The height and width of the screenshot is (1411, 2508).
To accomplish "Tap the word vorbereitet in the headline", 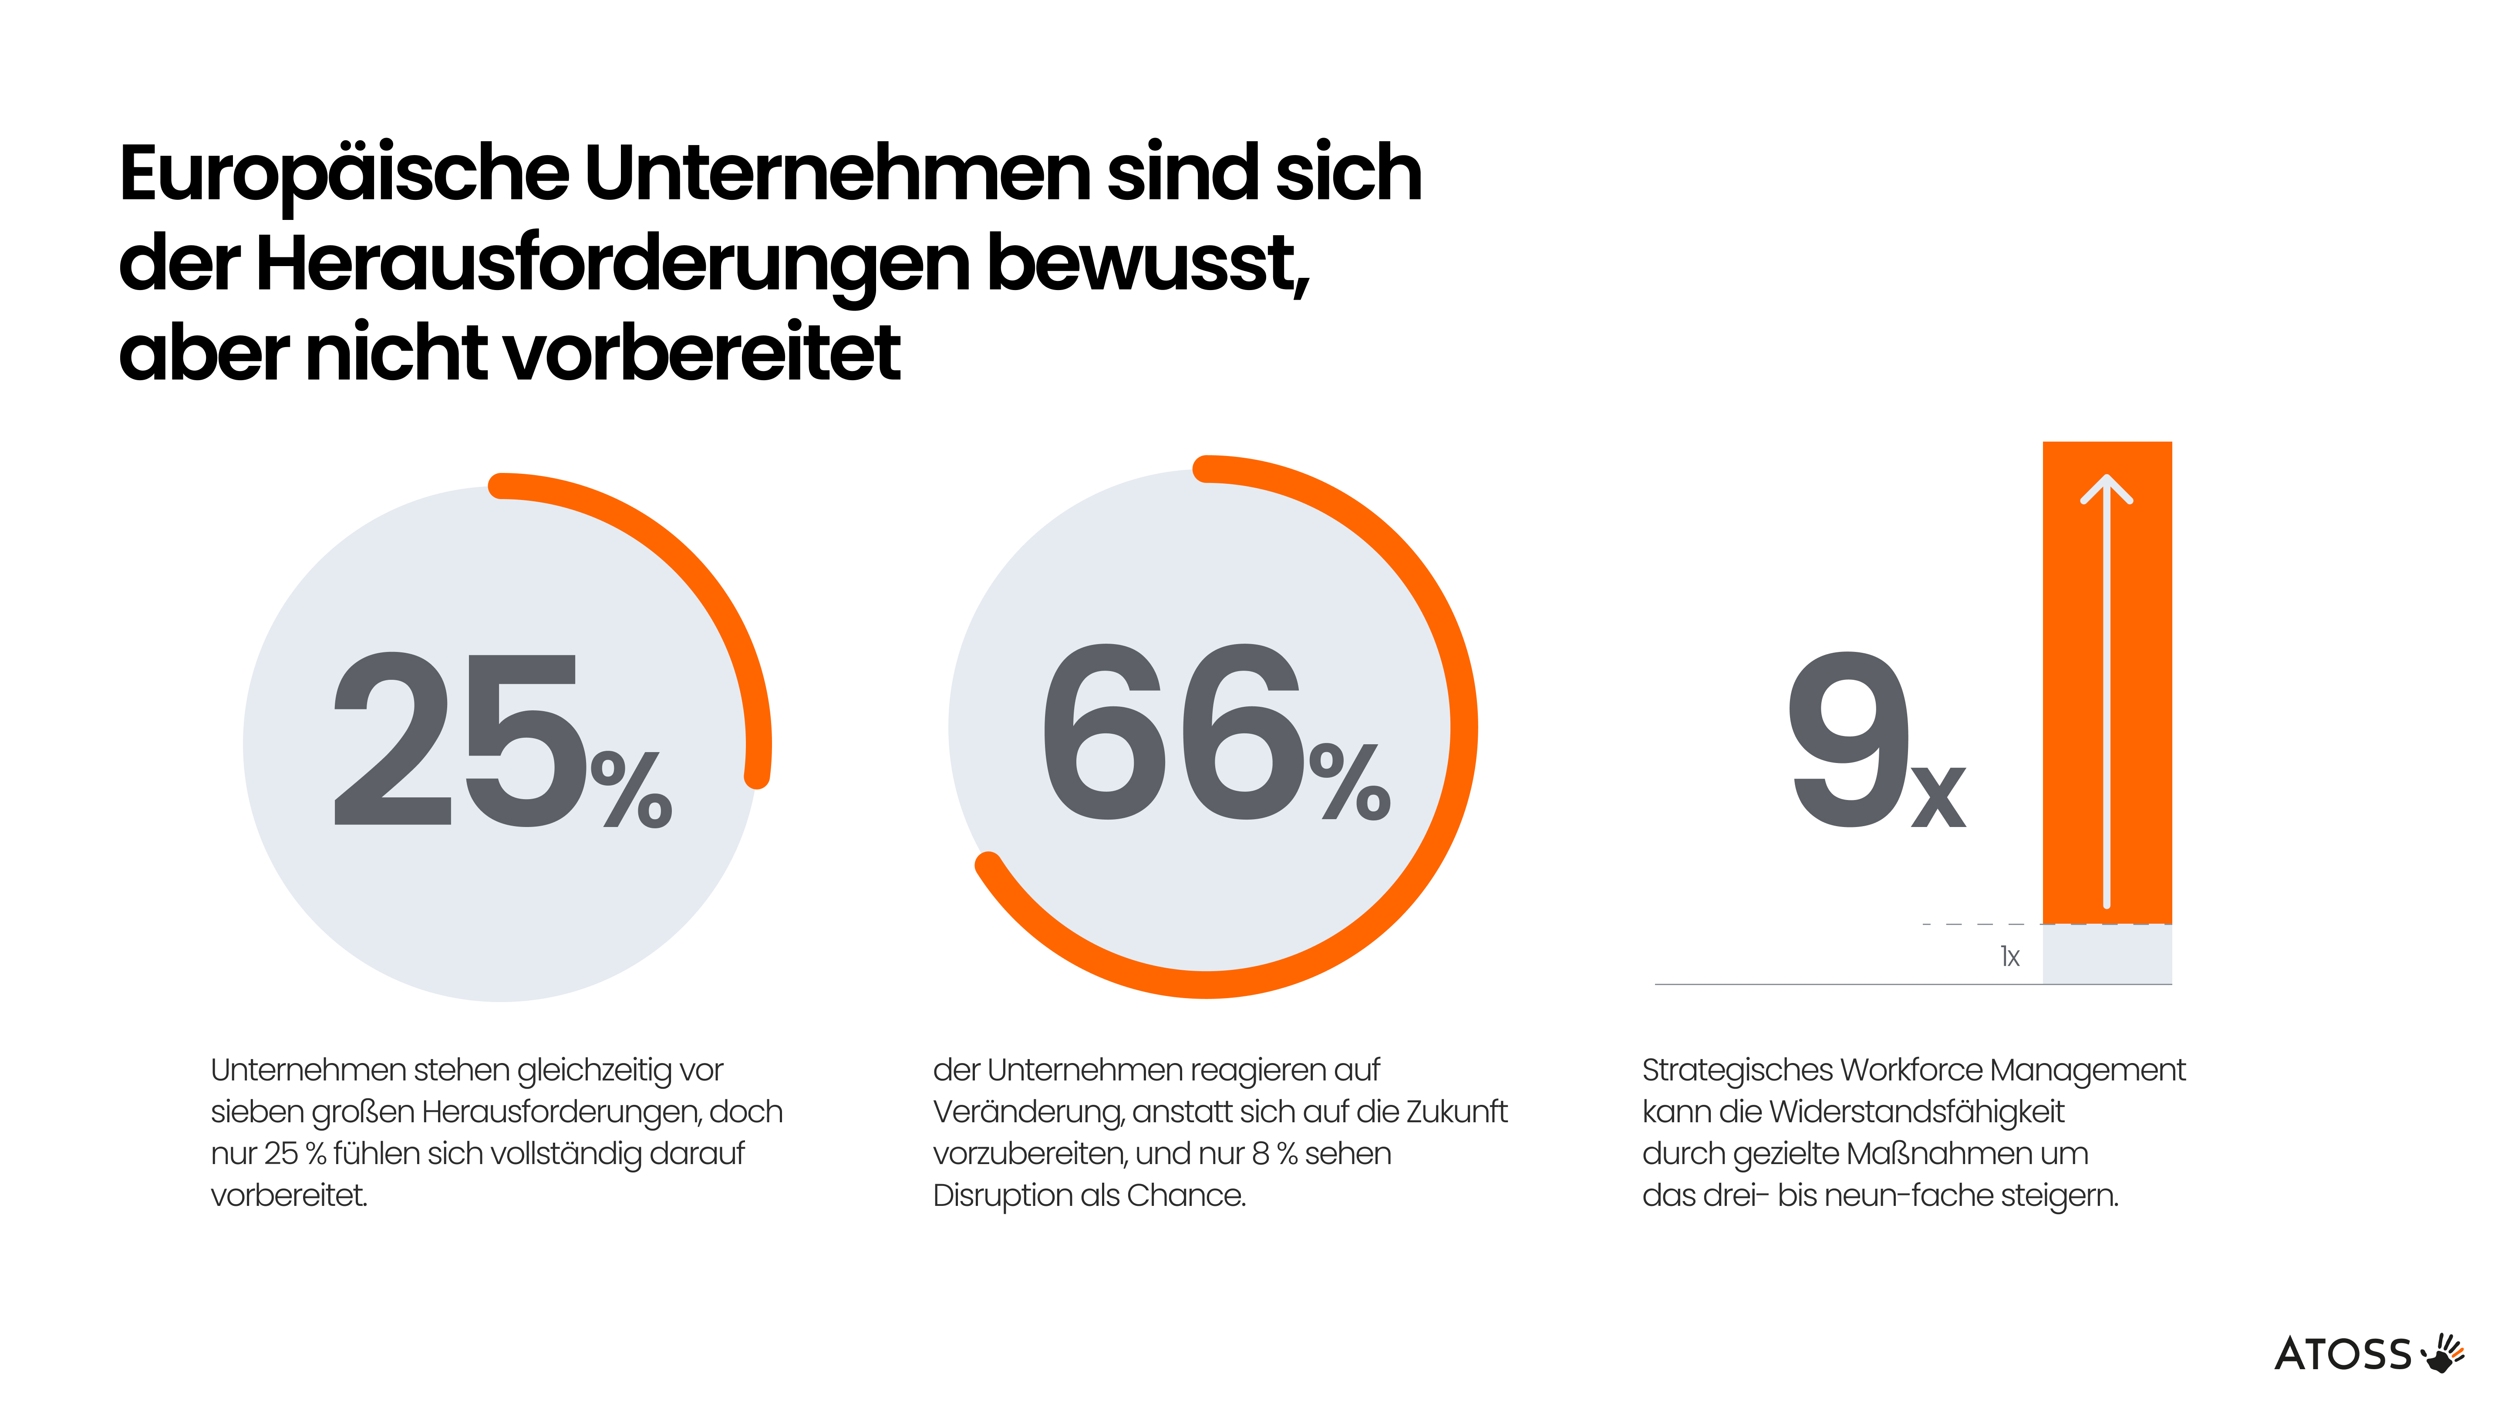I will point(701,354).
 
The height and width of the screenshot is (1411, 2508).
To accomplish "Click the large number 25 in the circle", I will point(458,740).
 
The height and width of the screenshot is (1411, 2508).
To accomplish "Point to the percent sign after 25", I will point(631,789).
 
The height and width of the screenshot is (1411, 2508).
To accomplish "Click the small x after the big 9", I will point(1938,797).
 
